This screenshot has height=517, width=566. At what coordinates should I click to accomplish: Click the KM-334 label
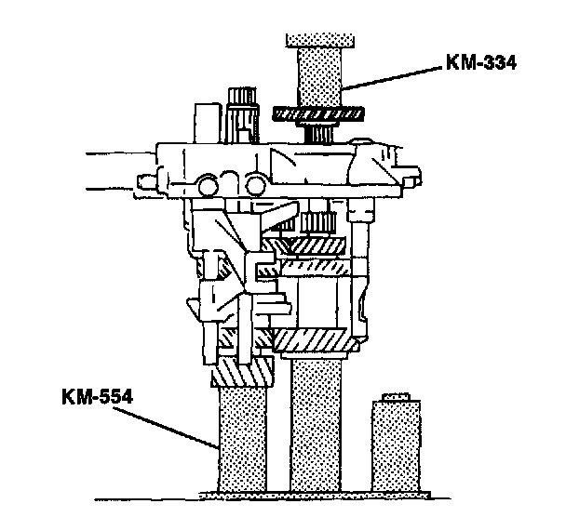click(481, 62)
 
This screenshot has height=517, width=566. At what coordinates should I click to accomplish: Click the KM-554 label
click(98, 396)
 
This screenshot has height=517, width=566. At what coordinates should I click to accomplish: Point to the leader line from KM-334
click(392, 77)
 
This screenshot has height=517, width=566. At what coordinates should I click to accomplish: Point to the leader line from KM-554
click(166, 428)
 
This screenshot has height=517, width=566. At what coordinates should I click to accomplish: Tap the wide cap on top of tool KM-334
click(320, 41)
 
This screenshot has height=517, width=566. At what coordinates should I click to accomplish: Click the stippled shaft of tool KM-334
click(319, 77)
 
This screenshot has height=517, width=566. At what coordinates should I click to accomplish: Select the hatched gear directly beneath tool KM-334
click(317, 114)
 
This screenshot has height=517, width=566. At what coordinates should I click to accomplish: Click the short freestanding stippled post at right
click(396, 446)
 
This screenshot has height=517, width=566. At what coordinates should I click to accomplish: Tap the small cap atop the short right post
click(396, 397)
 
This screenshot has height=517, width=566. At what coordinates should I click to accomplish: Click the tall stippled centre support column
click(317, 426)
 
